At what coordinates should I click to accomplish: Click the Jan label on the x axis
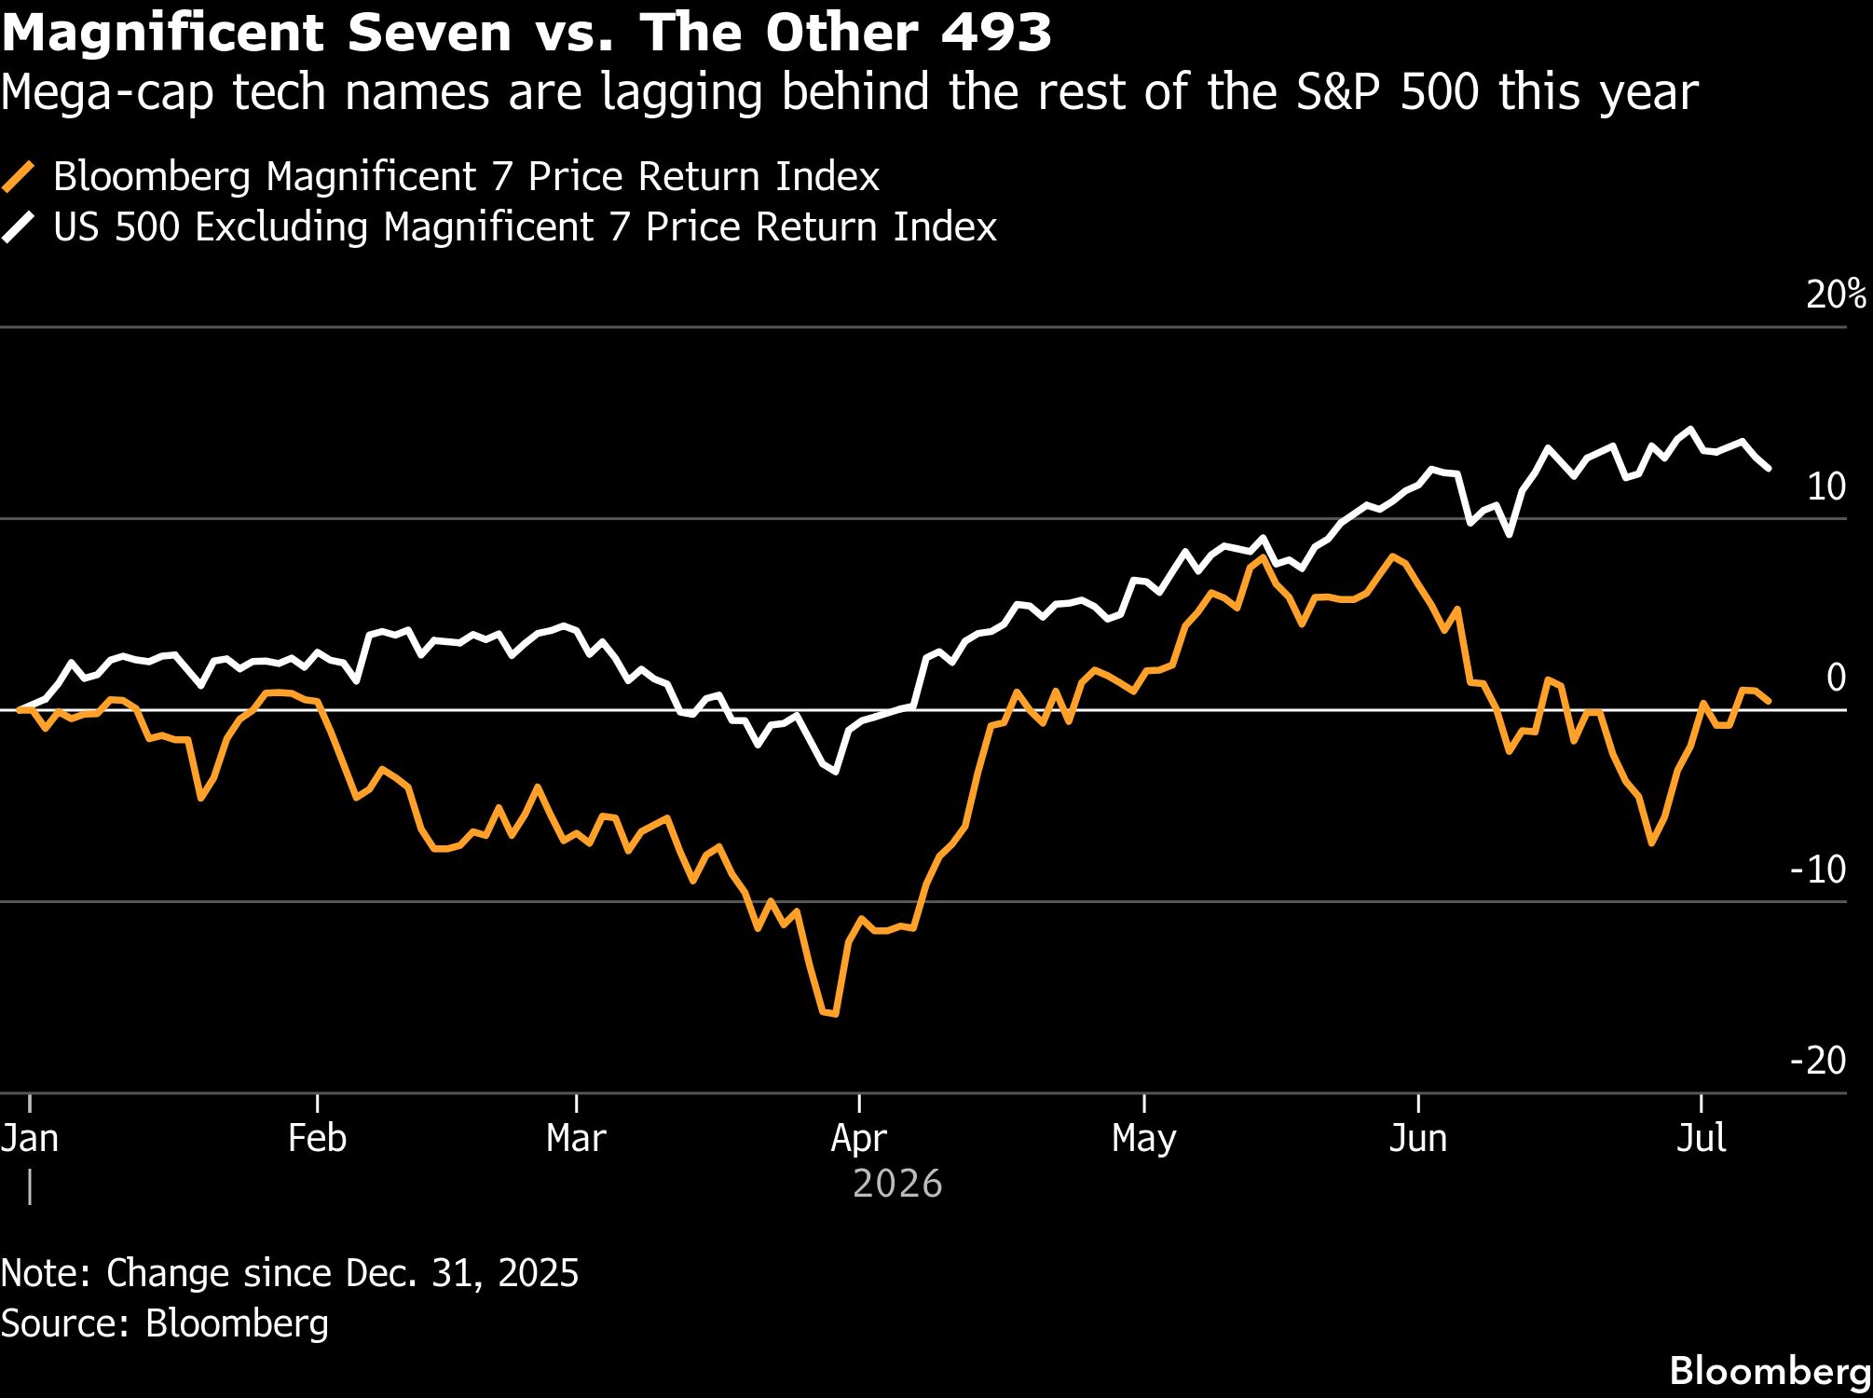point(30,1138)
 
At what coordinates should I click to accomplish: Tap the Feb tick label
point(317,1138)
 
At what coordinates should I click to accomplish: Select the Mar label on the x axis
point(576,1138)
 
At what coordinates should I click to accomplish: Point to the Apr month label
point(858,1139)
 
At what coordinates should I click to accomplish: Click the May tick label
point(1143,1139)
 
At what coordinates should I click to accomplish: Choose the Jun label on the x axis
point(1417,1138)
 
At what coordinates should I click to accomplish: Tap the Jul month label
point(1702,1138)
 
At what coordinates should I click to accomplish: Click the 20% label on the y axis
point(1836,295)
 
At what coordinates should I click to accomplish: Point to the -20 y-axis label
point(1818,1061)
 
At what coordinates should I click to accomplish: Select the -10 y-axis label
point(1818,870)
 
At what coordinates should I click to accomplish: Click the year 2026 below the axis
point(897,1185)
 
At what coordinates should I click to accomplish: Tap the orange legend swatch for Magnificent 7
point(19,176)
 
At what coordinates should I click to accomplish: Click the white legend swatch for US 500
point(19,227)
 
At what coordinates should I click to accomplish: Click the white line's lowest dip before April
point(836,772)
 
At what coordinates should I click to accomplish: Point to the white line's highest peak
point(1690,430)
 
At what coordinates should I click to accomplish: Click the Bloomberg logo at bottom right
point(1770,1371)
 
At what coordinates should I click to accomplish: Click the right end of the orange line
point(1769,700)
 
